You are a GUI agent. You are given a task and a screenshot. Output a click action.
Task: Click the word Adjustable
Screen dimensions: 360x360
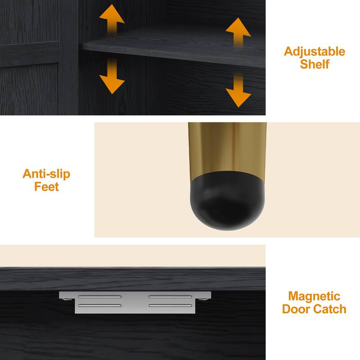314,52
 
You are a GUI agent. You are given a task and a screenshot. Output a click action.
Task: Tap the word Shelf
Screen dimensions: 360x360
315,64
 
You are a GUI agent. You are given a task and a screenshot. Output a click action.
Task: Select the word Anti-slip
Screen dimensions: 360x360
46,174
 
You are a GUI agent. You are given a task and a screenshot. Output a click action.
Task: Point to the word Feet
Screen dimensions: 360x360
47,186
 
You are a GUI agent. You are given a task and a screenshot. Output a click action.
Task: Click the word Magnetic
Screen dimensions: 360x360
314,297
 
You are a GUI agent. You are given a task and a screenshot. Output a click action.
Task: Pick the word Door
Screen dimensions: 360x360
297,309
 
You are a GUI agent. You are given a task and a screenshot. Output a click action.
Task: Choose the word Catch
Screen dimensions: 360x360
330,309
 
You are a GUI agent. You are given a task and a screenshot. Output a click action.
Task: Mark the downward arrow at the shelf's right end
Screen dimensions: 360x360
238,91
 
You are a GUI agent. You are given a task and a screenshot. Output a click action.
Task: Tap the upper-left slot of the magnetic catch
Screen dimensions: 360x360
99,297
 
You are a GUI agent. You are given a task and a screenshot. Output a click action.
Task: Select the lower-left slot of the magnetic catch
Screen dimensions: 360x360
99,306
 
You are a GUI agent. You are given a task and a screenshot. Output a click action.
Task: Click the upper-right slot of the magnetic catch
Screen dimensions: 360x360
170,297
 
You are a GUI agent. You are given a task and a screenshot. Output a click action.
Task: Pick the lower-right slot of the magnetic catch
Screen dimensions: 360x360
170,306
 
